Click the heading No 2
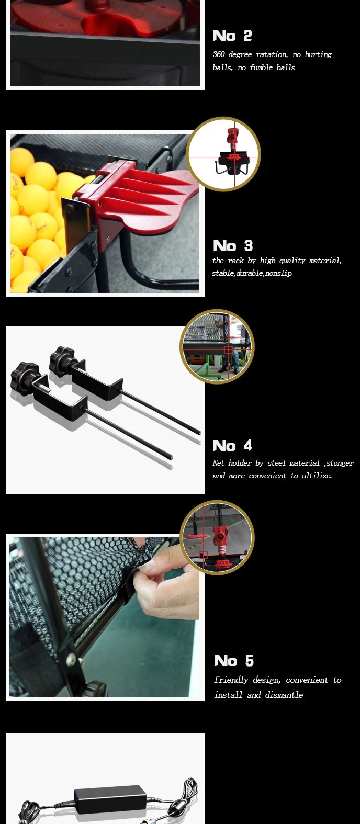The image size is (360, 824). pos(232,36)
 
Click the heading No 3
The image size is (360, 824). pos(233,246)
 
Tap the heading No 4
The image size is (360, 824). pos(232,445)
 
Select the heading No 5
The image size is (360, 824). pos(234,661)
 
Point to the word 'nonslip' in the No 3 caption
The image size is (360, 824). pos(278,273)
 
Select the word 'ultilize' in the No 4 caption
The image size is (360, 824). pos(317,476)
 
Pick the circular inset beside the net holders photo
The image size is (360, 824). pos(217,346)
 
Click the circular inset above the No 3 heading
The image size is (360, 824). pos(223,154)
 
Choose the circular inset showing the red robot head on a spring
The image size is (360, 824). pos(217,537)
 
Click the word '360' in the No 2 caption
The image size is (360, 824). pos(219,54)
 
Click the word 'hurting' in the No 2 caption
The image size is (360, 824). pos(318,55)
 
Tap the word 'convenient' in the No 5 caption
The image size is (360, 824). pos(307,680)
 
